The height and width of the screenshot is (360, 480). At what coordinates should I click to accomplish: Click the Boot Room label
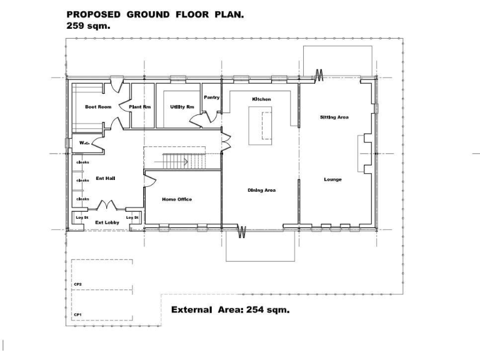coord(98,107)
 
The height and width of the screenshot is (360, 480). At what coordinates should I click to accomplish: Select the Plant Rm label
coord(140,107)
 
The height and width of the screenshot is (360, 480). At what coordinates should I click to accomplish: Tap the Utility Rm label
coord(182,107)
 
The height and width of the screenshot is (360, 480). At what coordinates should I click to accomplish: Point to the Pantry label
coord(211,97)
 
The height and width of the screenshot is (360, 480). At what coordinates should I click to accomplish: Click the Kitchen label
coord(261,99)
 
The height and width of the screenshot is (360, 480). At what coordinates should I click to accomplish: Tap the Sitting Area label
coord(334,117)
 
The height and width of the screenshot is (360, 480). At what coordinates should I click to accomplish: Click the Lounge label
coord(332,179)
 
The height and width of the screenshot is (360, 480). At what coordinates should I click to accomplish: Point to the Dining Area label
coord(262,190)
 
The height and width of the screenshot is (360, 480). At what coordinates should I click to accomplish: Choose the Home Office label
coord(177,199)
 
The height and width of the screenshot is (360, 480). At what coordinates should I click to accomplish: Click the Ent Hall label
coord(105,178)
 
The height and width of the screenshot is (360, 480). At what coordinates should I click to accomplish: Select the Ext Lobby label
coord(107,222)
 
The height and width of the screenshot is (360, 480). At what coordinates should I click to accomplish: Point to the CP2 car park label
coord(78,284)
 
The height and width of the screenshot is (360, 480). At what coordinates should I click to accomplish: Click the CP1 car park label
coord(78,314)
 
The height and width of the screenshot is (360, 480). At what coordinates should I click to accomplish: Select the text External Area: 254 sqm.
coord(230,309)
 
